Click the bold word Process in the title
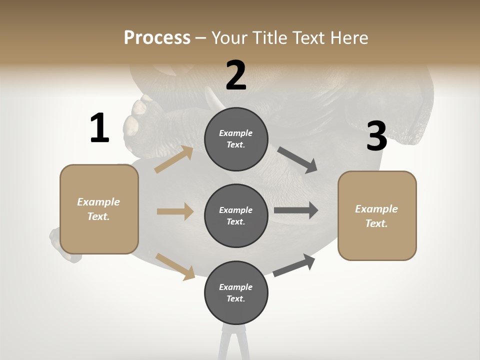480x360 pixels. click(x=157, y=37)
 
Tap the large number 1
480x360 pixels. click(x=99, y=128)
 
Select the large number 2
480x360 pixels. click(x=236, y=75)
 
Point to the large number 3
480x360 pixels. click(x=377, y=136)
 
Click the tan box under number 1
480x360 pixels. click(x=99, y=209)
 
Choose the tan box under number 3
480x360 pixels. click(x=377, y=215)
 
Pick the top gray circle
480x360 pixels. click(x=236, y=139)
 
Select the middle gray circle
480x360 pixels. click(x=236, y=215)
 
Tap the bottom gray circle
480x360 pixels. click(x=236, y=292)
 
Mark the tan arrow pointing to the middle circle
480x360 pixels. click(x=175, y=211)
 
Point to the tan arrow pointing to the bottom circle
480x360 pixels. click(x=175, y=266)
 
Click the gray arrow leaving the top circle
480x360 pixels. click(x=297, y=160)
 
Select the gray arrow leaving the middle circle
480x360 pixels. click(x=296, y=210)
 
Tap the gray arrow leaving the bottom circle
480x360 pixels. click(x=294, y=265)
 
